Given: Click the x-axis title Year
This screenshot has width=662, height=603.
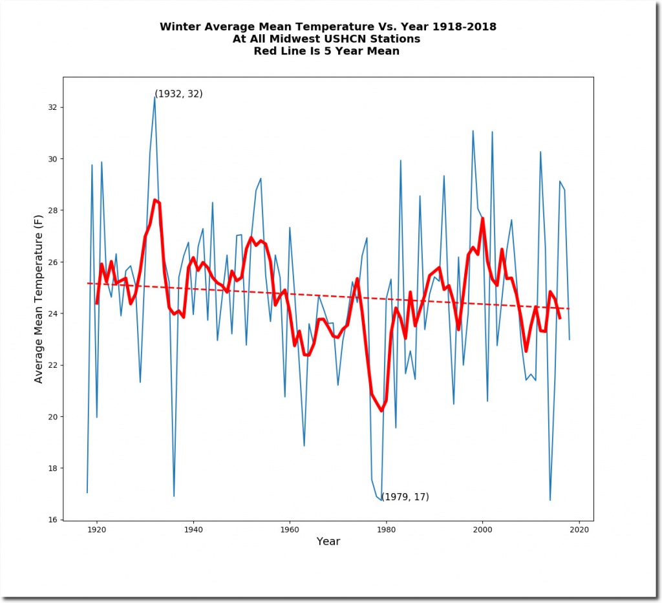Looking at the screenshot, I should [x=328, y=542].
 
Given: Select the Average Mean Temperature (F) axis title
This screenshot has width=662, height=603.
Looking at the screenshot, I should [x=39, y=299].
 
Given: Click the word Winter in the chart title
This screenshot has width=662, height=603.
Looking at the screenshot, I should [x=178, y=27].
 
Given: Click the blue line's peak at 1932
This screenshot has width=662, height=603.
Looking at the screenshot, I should [x=155, y=96].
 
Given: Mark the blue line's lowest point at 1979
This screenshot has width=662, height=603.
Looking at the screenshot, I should [x=381, y=500].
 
